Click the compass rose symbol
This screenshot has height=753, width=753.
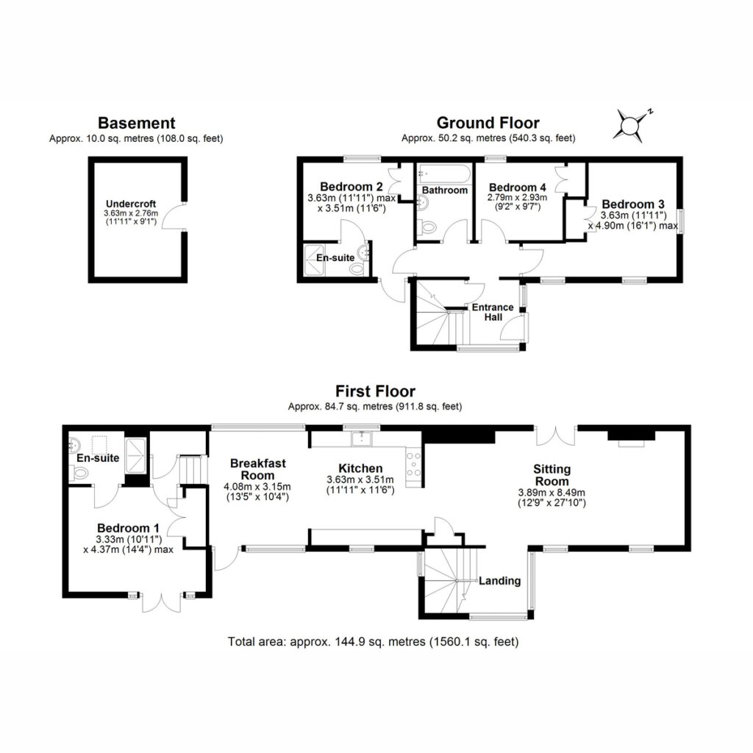[629, 126]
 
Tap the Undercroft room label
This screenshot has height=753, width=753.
[131, 204]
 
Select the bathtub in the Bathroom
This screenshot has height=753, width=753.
[444, 174]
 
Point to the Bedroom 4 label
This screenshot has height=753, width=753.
[517, 188]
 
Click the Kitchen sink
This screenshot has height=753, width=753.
[361, 438]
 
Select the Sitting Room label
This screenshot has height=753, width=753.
[552, 475]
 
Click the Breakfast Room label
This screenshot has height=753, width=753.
[258, 469]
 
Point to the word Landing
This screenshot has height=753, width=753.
[499, 581]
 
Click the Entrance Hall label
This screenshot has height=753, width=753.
[493, 312]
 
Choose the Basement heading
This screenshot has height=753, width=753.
[136, 123]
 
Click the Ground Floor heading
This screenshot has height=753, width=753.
[488, 123]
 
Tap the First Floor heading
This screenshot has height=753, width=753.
[375, 391]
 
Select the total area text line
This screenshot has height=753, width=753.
[373, 641]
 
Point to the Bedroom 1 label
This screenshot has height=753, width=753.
[128, 528]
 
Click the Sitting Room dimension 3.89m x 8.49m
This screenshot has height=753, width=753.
[552, 492]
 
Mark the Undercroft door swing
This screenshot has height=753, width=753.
[171, 215]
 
